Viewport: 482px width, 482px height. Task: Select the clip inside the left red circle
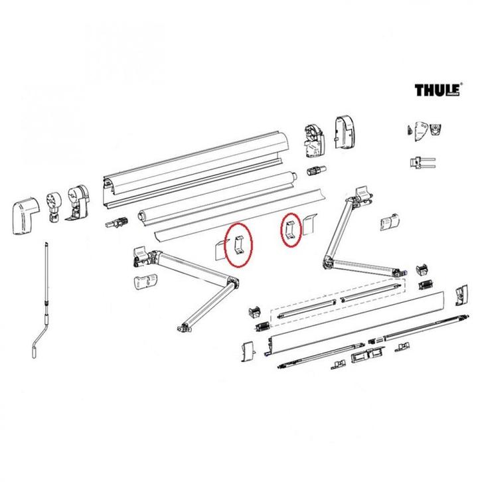(238, 244)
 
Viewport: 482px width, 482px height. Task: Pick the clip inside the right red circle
(291, 230)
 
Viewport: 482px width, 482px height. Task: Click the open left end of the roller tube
(142, 215)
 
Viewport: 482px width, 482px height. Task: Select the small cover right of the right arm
(389, 222)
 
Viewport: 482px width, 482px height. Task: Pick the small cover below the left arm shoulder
(143, 281)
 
